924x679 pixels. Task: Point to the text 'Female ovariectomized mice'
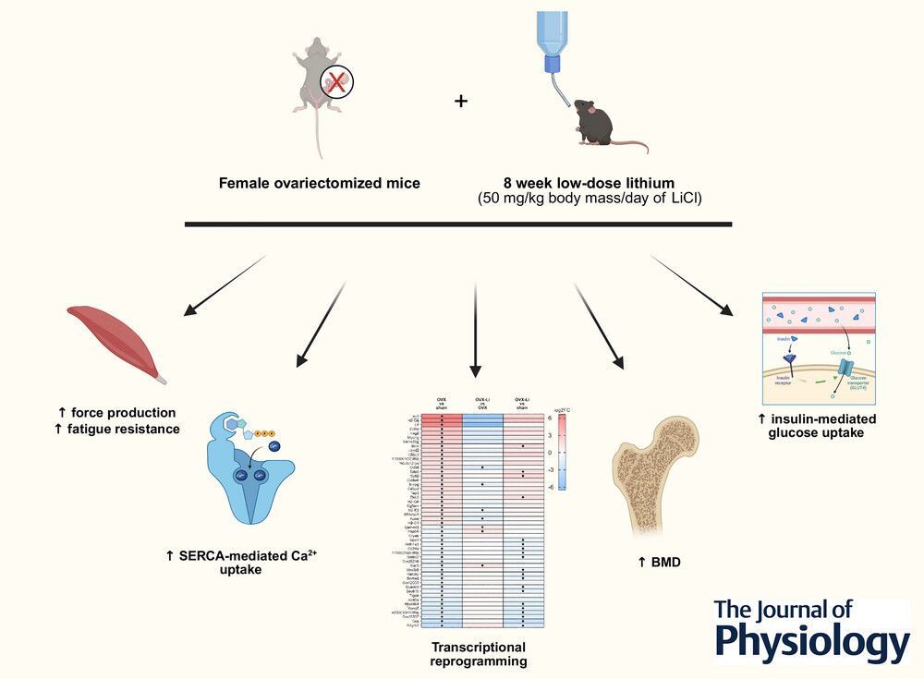pyautogui.click(x=320, y=183)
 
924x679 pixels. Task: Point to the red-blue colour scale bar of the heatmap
pyautogui.click(x=563, y=453)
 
